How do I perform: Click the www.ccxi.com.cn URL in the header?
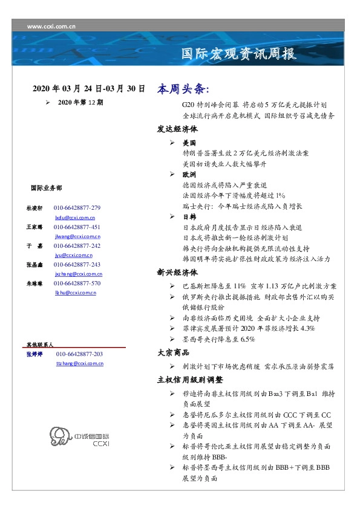[51, 26]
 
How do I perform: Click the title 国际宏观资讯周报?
[239, 54]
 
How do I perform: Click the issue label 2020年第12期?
[80, 103]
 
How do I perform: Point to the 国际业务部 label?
[45, 187]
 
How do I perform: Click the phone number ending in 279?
[77, 208]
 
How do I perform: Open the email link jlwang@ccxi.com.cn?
[77, 236]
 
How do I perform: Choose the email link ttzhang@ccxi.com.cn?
[79, 363]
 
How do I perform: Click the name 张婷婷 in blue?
[34, 354]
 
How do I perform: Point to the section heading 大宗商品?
[173, 352]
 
